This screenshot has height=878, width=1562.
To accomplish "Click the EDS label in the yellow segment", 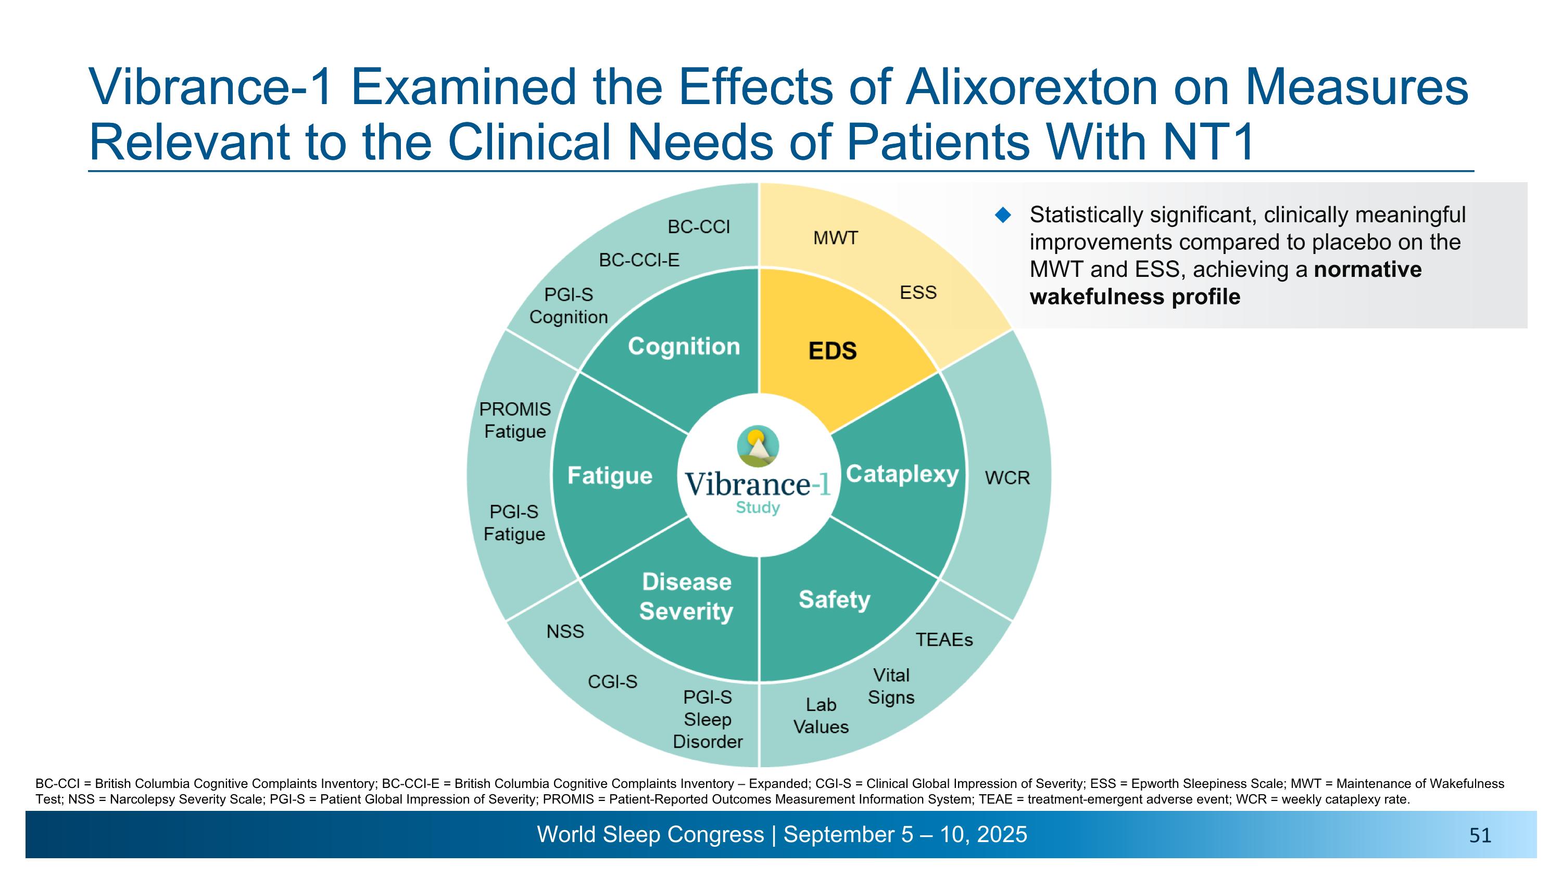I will [833, 351].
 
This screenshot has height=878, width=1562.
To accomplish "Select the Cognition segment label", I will [684, 346].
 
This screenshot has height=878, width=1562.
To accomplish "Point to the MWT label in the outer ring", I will [836, 238].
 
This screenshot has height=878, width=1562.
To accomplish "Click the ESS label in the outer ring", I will [918, 292].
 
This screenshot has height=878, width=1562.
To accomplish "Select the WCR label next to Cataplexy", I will [1007, 478].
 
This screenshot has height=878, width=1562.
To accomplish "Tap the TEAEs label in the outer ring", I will [944, 640].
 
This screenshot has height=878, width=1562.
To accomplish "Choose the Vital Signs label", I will [891, 686].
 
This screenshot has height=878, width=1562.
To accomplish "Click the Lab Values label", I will [821, 716].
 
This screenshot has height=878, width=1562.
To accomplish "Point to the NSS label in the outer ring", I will [565, 631].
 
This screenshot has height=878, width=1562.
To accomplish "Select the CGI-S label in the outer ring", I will [612, 682].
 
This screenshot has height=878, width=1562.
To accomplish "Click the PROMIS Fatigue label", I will [515, 421].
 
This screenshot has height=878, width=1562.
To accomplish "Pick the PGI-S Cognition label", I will [568, 306].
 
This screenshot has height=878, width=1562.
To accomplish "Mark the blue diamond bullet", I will [1003, 214].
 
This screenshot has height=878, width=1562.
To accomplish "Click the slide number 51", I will [1480, 836].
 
